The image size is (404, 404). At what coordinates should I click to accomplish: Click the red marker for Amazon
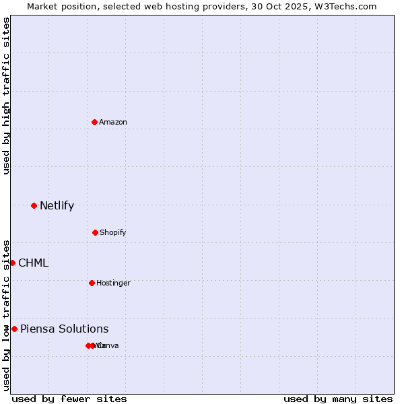[94, 122]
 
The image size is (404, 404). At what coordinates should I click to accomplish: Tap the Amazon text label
[113, 122]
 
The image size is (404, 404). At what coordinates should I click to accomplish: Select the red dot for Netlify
[34, 205]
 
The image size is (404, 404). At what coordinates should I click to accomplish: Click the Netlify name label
[57, 205]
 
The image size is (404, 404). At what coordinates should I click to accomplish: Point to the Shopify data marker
[95, 232]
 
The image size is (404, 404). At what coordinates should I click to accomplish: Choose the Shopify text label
[113, 232]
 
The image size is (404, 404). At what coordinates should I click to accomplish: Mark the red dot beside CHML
[12, 263]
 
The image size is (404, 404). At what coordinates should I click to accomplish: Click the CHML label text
[33, 263]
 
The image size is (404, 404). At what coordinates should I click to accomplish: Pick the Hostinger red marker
[92, 283]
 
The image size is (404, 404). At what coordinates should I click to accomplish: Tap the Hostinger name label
[113, 283]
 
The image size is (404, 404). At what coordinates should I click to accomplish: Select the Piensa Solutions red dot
[14, 329]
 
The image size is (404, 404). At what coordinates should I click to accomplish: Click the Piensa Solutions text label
[64, 329]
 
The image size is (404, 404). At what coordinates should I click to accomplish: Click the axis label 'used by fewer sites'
[69, 399]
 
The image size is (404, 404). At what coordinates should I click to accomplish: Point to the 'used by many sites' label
[338, 399]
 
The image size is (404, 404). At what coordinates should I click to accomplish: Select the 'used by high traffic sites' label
[6, 96]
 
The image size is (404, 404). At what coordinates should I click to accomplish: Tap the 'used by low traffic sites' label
[6, 315]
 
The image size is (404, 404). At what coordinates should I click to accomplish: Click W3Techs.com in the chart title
[347, 6]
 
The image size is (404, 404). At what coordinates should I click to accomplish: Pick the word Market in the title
[43, 6]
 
